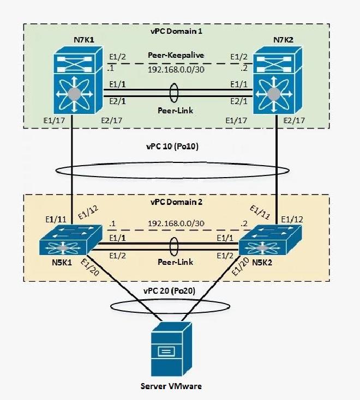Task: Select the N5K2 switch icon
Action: click(261, 240)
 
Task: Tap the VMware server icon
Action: click(167, 349)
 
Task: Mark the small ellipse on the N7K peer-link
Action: click(175, 92)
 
